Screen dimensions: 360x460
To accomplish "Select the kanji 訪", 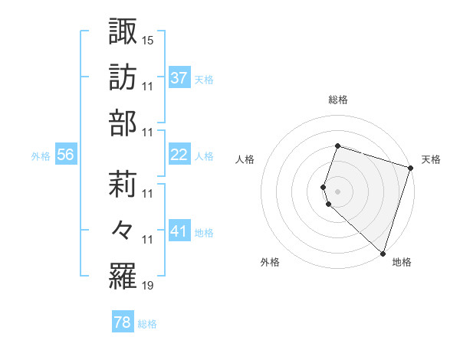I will point(123,77).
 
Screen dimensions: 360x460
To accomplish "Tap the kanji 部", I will point(123,123).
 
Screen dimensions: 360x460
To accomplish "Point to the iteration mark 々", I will point(123,230).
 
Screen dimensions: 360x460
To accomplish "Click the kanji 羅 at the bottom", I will point(123,276).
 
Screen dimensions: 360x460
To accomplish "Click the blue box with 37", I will point(179,78).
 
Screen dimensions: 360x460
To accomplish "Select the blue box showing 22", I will point(179,155).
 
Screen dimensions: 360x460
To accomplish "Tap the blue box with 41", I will point(179,231).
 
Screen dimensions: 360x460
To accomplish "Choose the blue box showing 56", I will point(66,155).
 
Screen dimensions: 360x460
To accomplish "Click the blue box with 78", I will point(122,323).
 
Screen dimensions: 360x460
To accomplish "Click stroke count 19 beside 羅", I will point(148,286).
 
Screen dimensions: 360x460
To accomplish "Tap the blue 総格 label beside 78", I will point(147,324).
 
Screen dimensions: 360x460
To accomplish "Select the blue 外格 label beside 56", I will point(41,155).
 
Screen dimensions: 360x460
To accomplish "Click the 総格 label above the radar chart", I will point(338,100).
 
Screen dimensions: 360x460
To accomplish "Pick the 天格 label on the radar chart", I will point(431,159).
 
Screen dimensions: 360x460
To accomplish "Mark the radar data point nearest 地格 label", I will point(383,254).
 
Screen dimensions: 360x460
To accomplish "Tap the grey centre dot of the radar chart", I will point(338,190).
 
